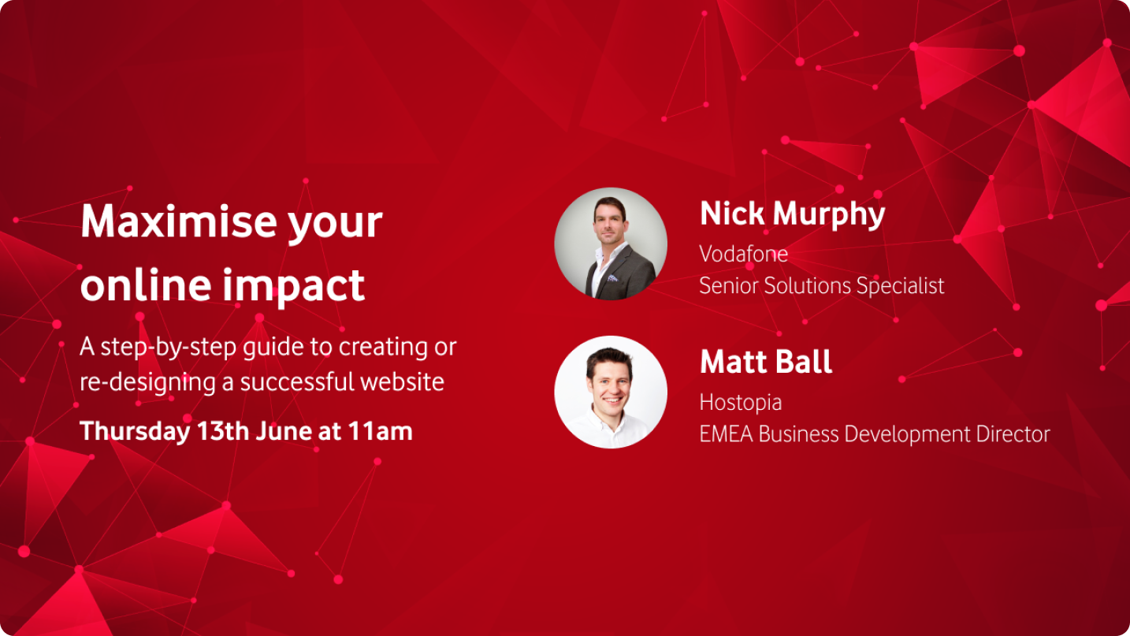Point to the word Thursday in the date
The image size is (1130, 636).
coord(135,431)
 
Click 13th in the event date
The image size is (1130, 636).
coord(222,431)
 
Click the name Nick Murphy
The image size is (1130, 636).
coord(792,214)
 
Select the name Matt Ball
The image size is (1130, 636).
coord(766,362)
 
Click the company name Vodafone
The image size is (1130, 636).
coord(744,254)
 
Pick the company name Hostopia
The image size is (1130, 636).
coord(741,403)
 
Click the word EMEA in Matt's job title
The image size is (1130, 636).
coord(727,433)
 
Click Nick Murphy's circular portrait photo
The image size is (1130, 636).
coord(611,244)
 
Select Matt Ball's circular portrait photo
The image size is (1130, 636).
coord(611,392)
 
